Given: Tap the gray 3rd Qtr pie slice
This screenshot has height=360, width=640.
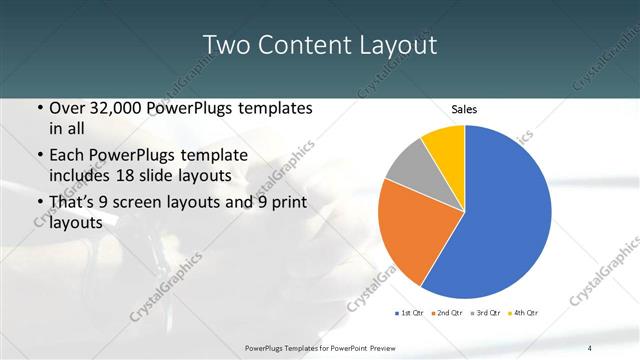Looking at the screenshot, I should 410,167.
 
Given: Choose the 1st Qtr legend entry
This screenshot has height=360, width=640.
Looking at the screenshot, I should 410,314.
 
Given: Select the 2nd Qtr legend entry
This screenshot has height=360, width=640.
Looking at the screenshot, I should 447,314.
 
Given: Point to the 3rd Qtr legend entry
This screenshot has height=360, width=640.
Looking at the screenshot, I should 485,314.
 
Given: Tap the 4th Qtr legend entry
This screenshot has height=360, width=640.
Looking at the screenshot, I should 522,314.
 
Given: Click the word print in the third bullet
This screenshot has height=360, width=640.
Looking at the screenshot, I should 285,203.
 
